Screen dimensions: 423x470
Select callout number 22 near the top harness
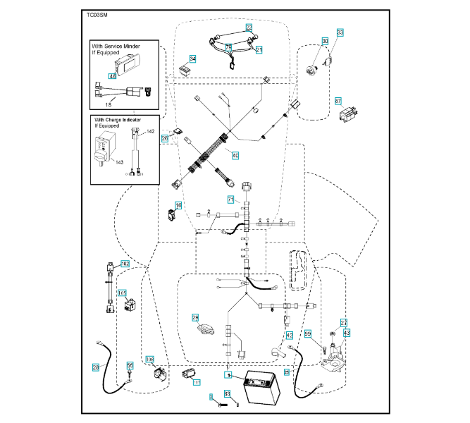pyautogui.click(x=249, y=27)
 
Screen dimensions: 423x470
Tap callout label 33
pyautogui.click(x=340, y=32)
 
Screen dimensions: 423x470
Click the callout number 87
pyautogui.click(x=338, y=100)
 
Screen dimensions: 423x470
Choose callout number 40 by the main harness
pyautogui.click(x=235, y=154)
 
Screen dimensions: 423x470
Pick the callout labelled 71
pyautogui.click(x=230, y=200)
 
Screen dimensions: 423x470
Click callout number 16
pyautogui.click(x=178, y=205)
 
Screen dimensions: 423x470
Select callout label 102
pyautogui.click(x=125, y=264)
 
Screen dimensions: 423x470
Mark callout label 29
pyautogui.click(x=196, y=318)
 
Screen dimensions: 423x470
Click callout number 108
pyautogui.click(x=149, y=360)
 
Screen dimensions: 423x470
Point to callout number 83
pyautogui.click(x=227, y=393)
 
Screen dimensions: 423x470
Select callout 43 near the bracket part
pyautogui.click(x=346, y=332)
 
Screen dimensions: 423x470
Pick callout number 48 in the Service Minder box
pyautogui.click(x=112, y=75)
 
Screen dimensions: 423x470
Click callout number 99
pyautogui.click(x=308, y=333)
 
